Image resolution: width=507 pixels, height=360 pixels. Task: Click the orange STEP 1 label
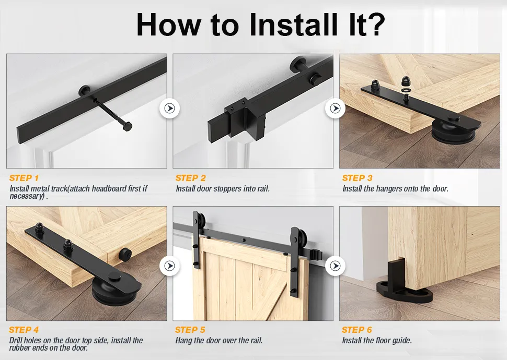[x=24, y=178]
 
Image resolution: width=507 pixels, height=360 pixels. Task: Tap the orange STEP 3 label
[x=358, y=178]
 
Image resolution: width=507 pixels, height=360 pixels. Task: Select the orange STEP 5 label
[x=190, y=330]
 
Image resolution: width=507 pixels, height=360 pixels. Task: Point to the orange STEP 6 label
[x=357, y=330]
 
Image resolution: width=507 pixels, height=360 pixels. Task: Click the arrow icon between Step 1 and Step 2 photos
[x=169, y=109]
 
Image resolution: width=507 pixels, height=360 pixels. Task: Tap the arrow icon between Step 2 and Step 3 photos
[x=335, y=109]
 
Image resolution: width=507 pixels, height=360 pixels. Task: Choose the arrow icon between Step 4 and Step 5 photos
[x=169, y=266]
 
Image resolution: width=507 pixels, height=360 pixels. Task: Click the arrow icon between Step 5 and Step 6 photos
[x=335, y=266]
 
